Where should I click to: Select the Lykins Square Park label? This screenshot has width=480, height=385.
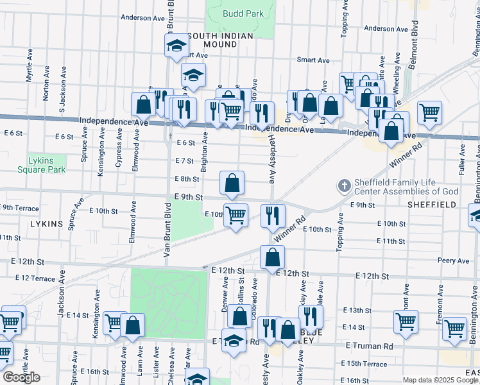pos(47,165)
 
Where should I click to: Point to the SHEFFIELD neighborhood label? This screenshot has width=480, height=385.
pos(432,205)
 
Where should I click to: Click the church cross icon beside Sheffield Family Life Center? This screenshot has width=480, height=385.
pos(344,186)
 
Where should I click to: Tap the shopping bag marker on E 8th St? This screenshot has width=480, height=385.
pos(232,183)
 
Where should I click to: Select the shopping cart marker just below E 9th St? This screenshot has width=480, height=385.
pos(236,215)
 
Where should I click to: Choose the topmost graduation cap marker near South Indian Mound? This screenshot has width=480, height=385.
pos(176,46)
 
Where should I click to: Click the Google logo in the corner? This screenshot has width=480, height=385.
pos(21,377)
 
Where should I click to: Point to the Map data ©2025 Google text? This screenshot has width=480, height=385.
pos(440,380)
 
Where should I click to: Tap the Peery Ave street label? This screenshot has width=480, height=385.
pos(454,261)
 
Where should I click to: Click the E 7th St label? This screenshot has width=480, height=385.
pos(184,160)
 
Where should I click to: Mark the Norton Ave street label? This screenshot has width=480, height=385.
pos(46,90)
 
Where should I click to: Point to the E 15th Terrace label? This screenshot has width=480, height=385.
pos(368,364)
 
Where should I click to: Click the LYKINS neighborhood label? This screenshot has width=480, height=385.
pos(47,224)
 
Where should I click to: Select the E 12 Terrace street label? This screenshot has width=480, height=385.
pos(35,278)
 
